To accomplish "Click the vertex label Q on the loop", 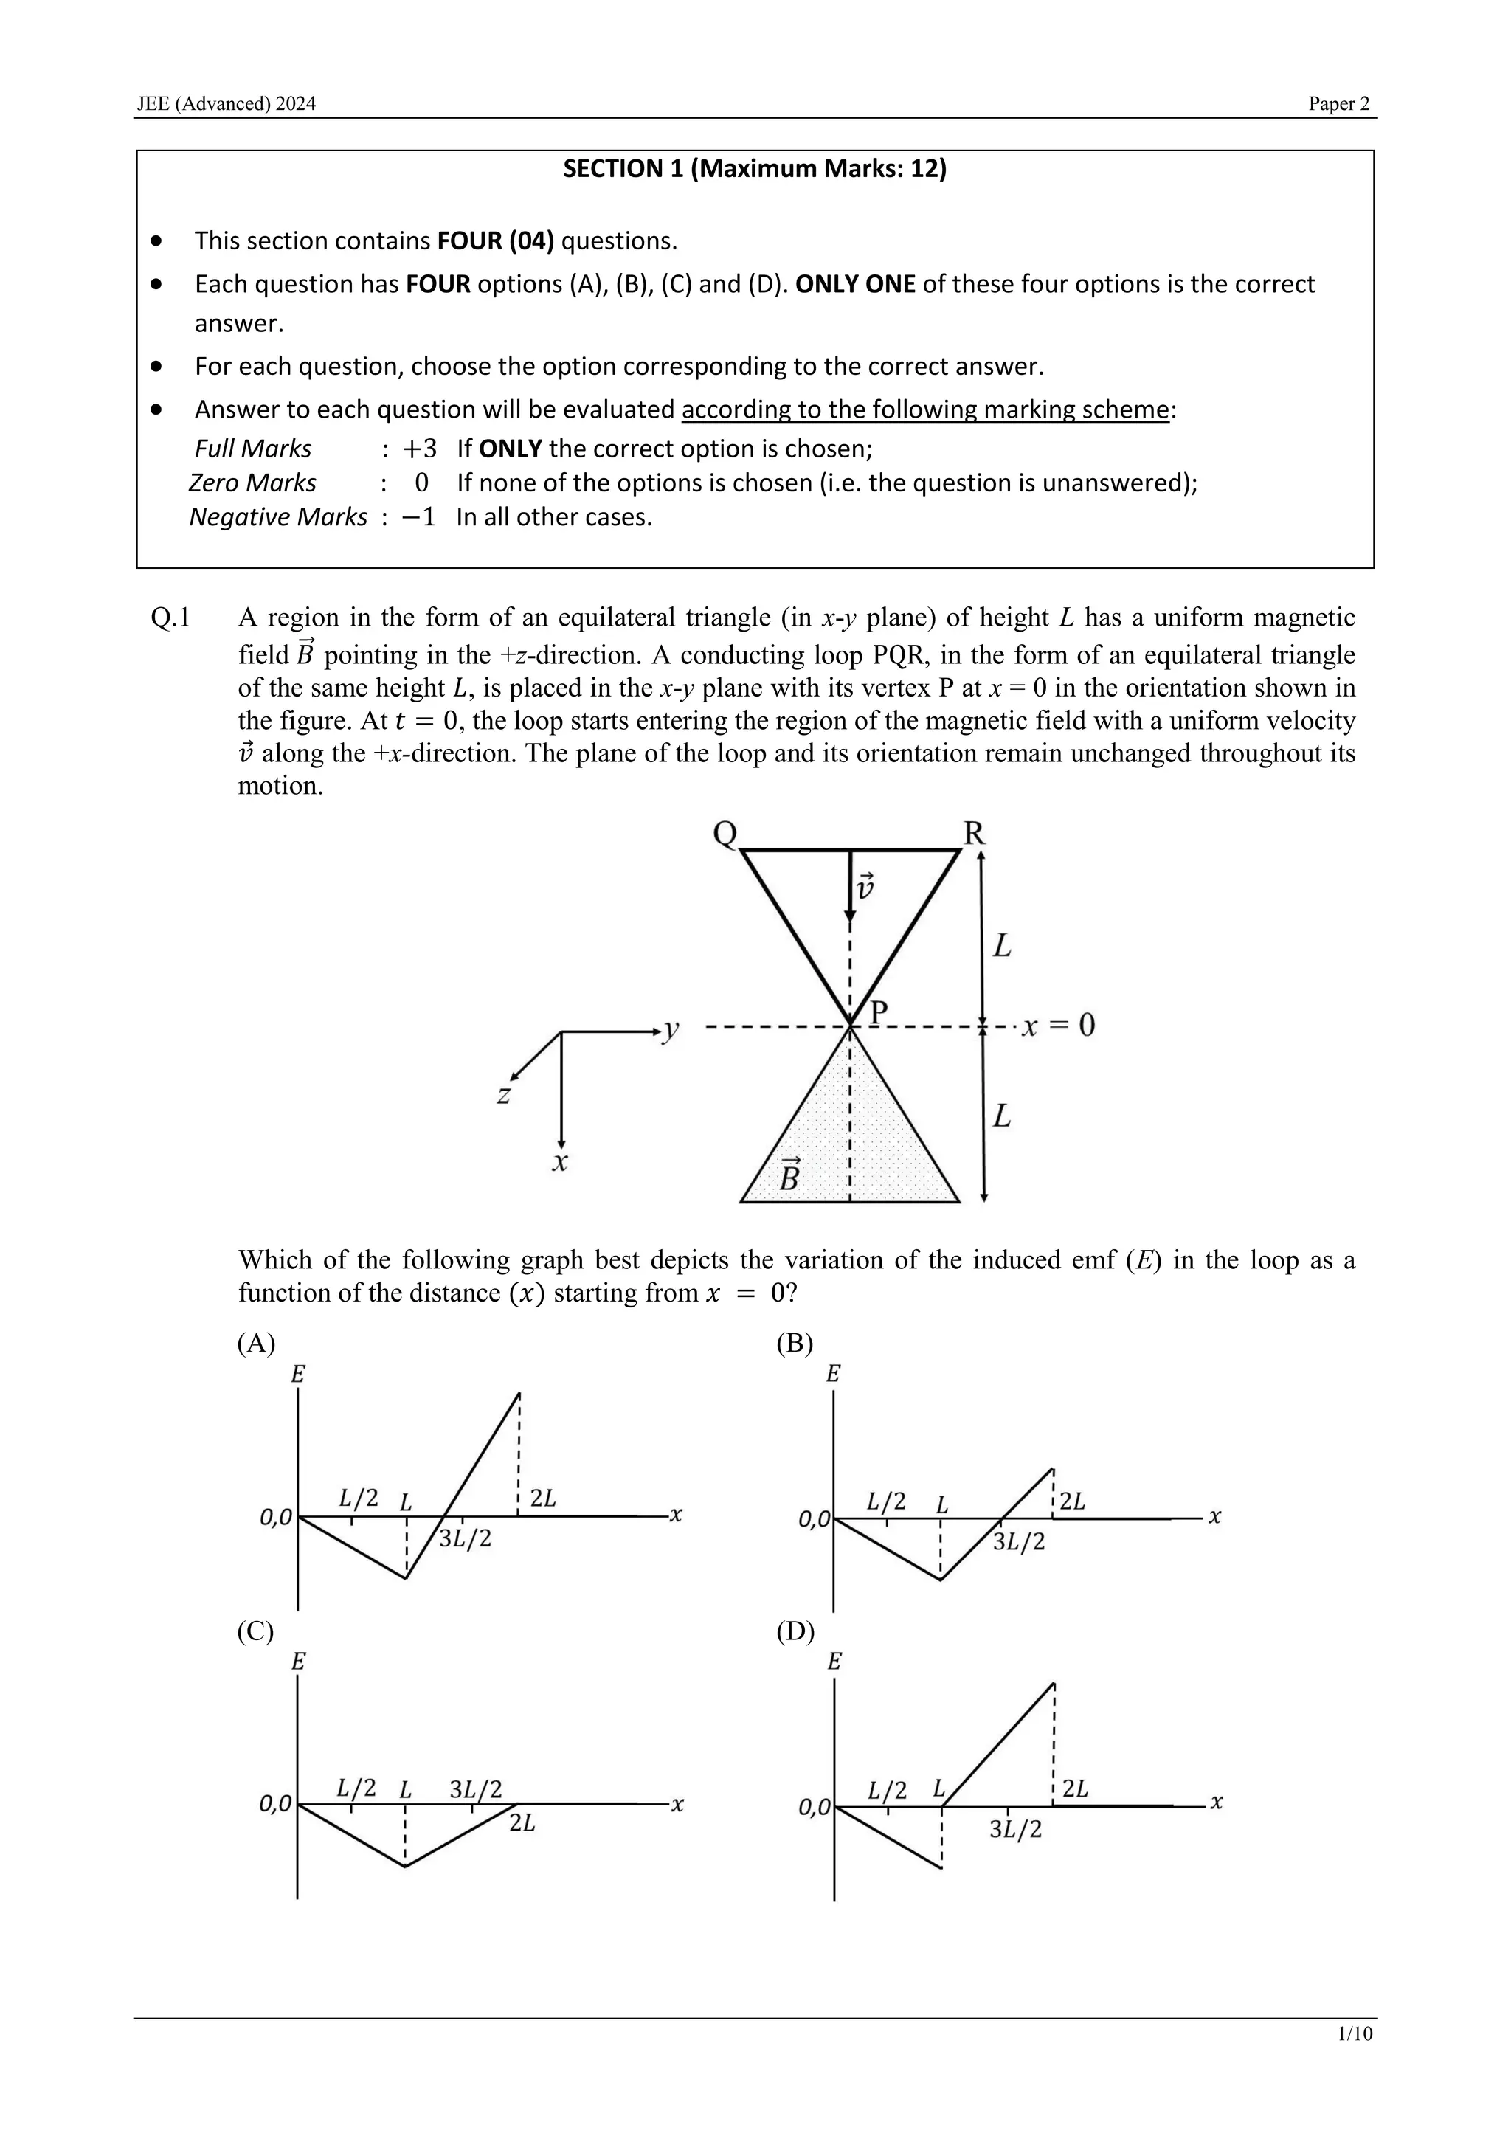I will [725, 834].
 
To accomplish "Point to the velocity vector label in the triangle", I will [865, 887].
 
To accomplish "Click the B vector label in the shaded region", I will [789, 1177].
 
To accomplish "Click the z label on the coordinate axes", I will [503, 1095].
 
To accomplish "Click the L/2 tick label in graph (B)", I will [886, 1501].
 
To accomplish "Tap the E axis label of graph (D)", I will [834, 1662].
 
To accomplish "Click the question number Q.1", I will [170, 618].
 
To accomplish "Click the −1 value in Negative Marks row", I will [418, 517].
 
